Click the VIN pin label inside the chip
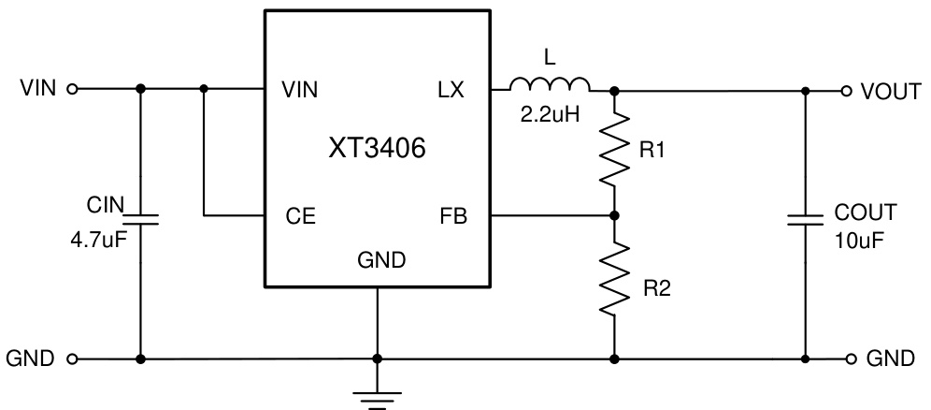point(299,91)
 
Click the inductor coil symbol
point(550,86)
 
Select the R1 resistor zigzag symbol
point(614,151)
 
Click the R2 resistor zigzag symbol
point(614,278)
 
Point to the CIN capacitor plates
point(140,219)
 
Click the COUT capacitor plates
point(805,221)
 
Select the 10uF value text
point(857,240)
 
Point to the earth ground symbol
point(377,398)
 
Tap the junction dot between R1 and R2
point(614,215)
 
